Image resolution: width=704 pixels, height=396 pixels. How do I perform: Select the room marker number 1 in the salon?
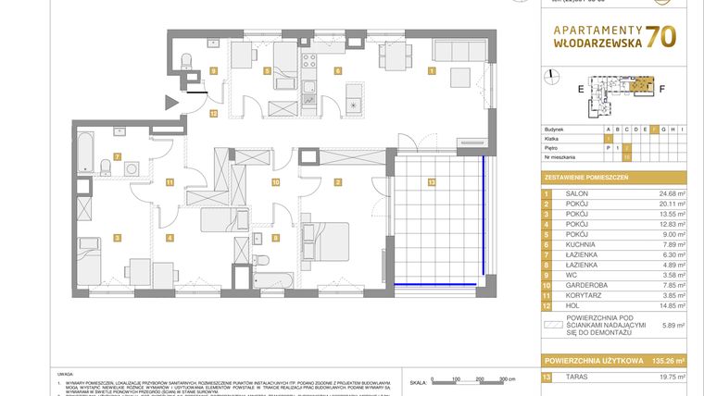(x=431, y=69)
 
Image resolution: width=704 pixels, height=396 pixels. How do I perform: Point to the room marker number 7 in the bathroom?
(x=117, y=156)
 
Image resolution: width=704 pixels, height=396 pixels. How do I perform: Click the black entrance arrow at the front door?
(x=171, y=102)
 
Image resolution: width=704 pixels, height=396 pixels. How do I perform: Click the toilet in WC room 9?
(x=187, y=62)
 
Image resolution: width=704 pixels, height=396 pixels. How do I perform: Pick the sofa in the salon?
(x=460, y=74)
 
